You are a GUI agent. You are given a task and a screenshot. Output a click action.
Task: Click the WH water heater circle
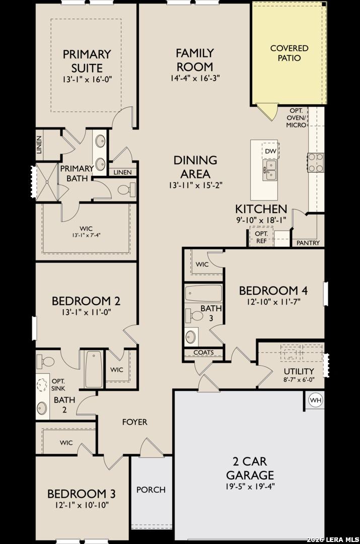pyautogui.click(x=316, y=400)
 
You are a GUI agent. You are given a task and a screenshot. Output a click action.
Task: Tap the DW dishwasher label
pyautogui.click(x=270, y=151)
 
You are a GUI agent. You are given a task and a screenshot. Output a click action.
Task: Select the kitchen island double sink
pyautogui.click(x=269, y=170)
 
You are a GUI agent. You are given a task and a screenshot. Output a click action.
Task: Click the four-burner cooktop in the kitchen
pyautogui.click(x=316, y=162)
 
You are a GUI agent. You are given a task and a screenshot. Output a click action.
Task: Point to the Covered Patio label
pyautogui.click(x=289, y=53)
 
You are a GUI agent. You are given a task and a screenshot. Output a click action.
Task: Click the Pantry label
pyautogui.click(x=308, y=243)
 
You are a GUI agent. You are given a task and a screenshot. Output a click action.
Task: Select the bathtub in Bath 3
pyautogui.click(x=203, y=294)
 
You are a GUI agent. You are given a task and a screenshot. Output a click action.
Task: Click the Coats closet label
pyautogui.click(x=203, y=353)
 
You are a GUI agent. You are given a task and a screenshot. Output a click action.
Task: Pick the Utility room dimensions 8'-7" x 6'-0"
pyautogui.click(x=299, y=380)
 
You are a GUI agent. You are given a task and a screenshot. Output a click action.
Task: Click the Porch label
pyautogui.click(x=151, y=490)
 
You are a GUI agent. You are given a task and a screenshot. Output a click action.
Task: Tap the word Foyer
pyautogui.click(x=134, y=422)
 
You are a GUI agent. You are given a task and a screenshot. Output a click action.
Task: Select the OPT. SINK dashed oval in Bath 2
pyautogui.click(x=42, y=385)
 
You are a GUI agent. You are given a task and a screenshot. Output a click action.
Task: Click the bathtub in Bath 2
pyautogui.click(x=94, y=369)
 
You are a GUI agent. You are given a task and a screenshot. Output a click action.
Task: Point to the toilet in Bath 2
pyautogui.click(x=45, y=361)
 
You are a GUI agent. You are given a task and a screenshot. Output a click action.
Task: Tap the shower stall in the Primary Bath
pyautogui.click(x=47, y=181)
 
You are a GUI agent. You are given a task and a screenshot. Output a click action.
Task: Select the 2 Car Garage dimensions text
pyautogui.click(x=250, y=486)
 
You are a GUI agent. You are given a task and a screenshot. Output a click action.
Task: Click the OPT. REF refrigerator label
pyautogui.click(x=261, y=237)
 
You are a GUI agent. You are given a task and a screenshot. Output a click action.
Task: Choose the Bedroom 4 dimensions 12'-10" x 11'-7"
pyautogui.click(x=273, y=302)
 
